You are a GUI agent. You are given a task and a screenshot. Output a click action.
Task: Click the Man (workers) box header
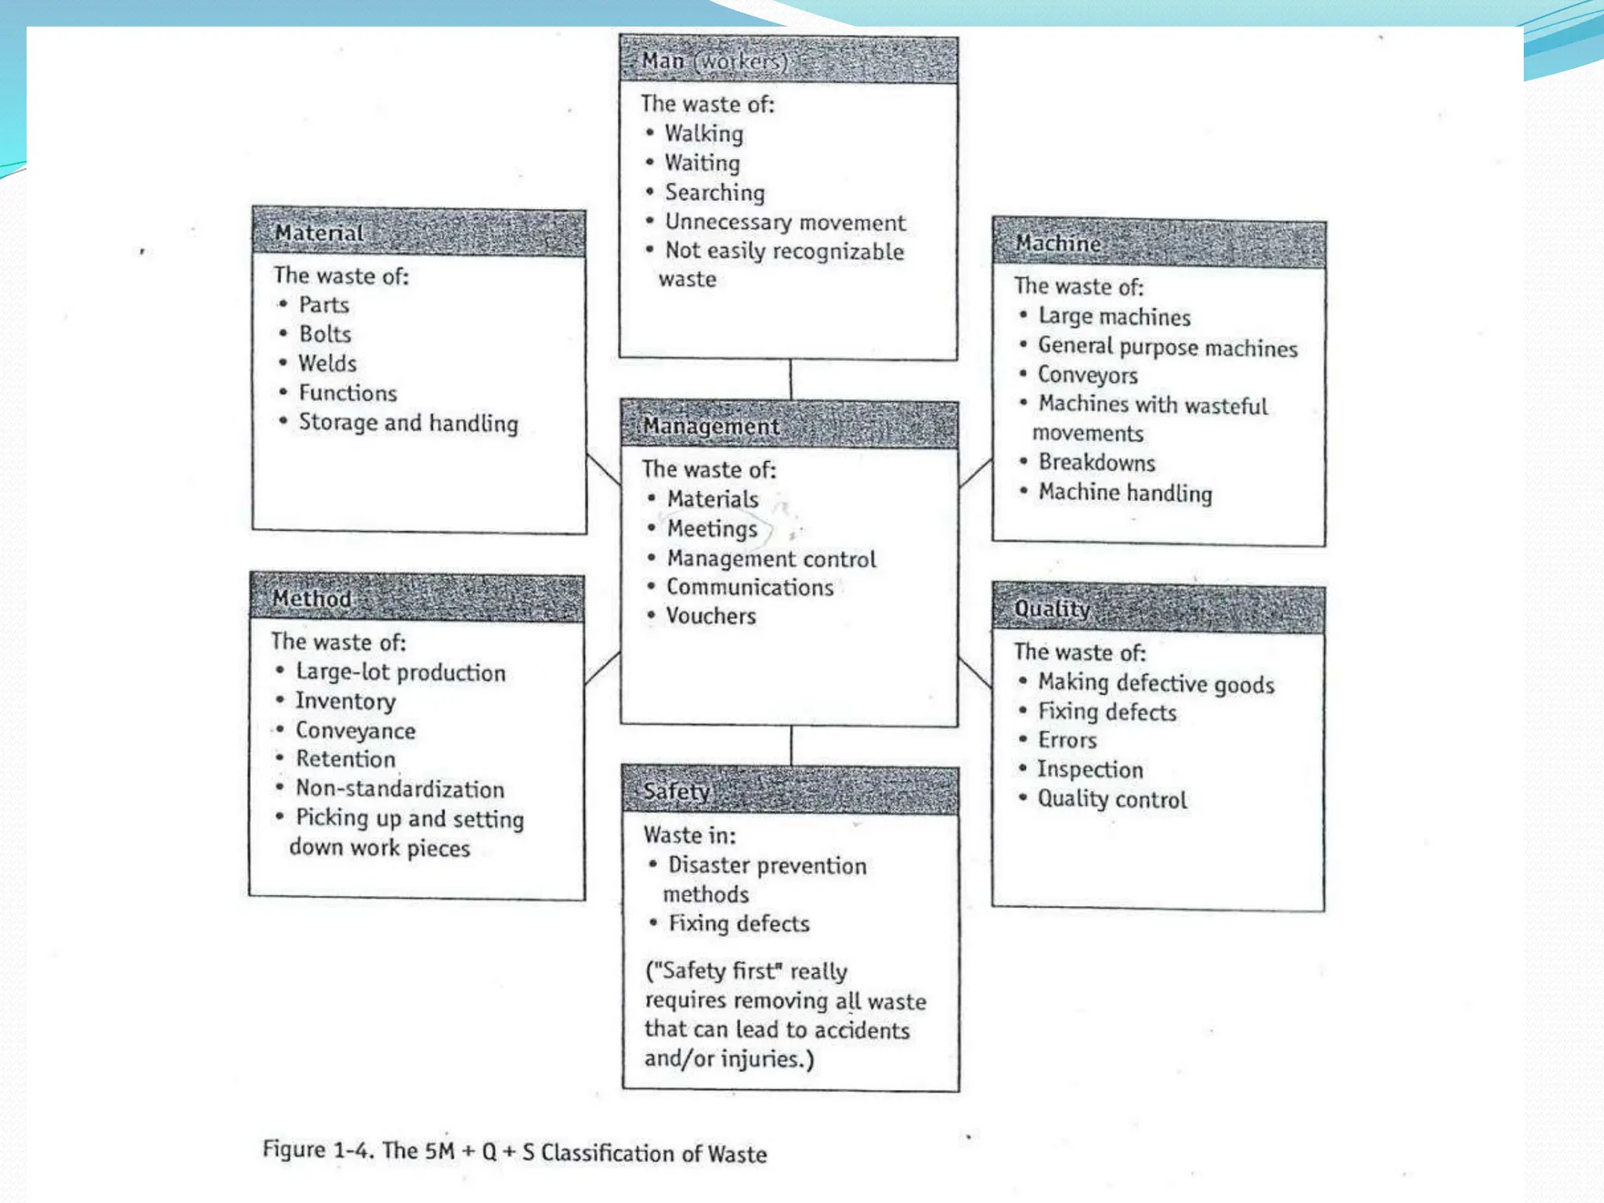788,60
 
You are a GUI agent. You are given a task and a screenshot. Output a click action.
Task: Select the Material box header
418,233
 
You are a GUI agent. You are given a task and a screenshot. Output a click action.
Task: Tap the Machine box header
1158,244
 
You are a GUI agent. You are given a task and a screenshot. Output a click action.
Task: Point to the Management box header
789,425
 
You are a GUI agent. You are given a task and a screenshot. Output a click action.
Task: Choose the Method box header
417,598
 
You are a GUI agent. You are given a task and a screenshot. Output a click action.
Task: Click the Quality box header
1158,609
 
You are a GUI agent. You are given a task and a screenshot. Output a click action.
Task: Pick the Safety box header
789,791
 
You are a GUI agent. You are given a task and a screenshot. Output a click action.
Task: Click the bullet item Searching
714,193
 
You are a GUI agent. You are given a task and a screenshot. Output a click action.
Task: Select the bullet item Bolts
324,334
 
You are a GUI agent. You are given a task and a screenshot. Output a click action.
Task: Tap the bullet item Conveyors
1087,375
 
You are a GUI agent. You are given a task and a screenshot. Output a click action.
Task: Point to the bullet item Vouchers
710,616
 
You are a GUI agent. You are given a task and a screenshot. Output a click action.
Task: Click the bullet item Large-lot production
400,673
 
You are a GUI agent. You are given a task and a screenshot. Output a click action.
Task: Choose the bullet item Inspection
1089,770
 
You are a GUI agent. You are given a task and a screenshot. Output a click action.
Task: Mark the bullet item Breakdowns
1096,463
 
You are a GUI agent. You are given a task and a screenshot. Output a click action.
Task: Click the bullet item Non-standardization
399,789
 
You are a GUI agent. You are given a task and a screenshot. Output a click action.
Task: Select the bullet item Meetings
712,529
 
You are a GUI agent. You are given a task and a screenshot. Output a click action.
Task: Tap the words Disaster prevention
767,865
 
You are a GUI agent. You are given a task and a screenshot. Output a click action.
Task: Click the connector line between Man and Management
790,380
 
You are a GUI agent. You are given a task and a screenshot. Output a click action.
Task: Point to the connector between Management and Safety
791,746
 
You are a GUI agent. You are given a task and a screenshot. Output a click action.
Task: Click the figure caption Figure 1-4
514,1152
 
